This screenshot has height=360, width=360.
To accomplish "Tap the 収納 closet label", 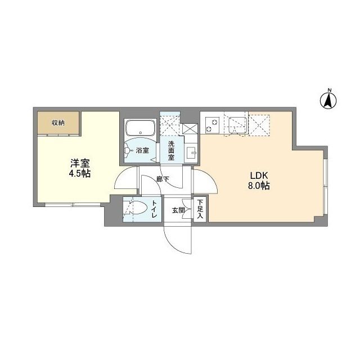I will pyautogui.click(x=58, y=123).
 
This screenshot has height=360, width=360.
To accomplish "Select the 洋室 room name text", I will pyautogui.click(x=79, y=163).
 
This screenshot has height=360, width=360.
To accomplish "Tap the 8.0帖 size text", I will pyautogui.click(x=256, y=185).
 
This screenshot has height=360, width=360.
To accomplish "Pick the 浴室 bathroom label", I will pyautogui.click(x=142, y=150).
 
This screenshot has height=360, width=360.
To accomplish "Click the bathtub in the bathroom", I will pyautogui.click(x=141, y=128).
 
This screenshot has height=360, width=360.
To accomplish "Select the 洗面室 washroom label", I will pyautogui.click(x=171, y=151).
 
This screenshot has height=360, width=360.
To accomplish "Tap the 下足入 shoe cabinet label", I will pyautogui.click(x=200, y=210).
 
